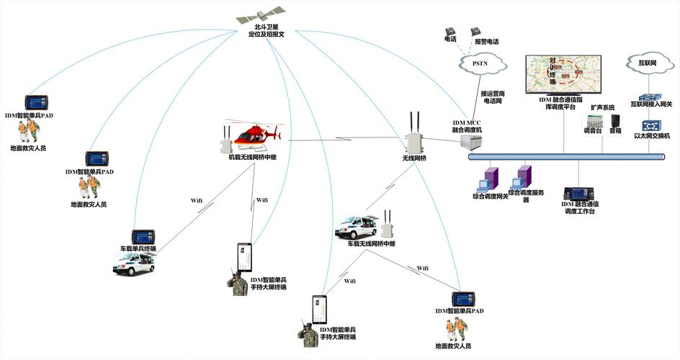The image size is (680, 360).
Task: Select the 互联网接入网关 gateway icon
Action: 650,96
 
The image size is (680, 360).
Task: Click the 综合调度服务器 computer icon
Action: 523,176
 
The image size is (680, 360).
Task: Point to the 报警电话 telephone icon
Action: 475,32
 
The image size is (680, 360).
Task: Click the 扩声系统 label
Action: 602,107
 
